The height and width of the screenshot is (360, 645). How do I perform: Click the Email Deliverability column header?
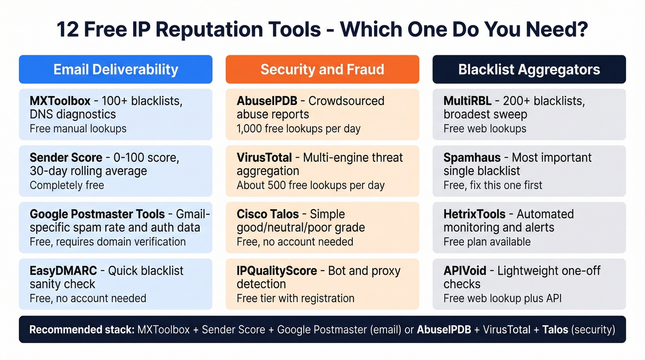coord(116,70)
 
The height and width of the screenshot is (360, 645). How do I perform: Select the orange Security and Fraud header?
coord(322,70)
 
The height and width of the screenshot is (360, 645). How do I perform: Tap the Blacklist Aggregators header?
coord(529,70)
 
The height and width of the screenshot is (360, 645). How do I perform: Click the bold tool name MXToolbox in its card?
coord(60,101)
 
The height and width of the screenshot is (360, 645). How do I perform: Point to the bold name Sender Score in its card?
coord(66,158)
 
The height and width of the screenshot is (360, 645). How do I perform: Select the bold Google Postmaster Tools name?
coord(97,214)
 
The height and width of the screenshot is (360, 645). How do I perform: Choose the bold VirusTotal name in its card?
coord(264,158)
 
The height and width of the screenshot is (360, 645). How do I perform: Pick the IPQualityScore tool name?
coord(277,271)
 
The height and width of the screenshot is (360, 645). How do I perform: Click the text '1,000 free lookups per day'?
coord(299,129)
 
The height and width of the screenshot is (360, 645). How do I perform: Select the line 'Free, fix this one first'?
coord(493,185)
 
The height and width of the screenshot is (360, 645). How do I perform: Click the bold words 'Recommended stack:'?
coord(81,330)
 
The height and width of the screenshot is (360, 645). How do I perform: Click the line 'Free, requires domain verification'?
coord(108,242)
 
